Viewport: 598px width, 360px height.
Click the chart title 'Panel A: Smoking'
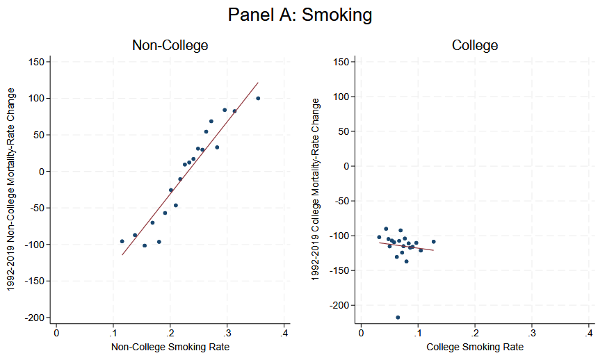[x=300, y=15]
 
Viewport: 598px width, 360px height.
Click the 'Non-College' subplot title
[x=170, y=46]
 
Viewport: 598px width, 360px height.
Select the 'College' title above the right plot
[x=474, y=46]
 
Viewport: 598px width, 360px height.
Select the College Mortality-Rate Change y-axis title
[x=316, y=188]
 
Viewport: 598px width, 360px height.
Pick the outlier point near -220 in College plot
[x=398, y=318]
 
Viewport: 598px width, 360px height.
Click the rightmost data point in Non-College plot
[x=258, y=99]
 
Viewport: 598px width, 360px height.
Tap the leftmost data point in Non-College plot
[x=122, y=241]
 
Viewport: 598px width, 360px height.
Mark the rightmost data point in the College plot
[x=433, y=242]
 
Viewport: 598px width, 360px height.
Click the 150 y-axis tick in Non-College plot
[x=36, y=62]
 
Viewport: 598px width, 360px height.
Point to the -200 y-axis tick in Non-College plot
[x=34, y=318]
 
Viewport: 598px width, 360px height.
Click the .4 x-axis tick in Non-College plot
[x=284, y=334]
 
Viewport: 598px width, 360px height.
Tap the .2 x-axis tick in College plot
[x=474, y=334]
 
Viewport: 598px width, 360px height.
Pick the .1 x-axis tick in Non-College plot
[x=113, y=334]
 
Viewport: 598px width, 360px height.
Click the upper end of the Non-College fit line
[x=258, y=83]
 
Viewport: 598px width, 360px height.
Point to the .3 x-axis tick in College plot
[x=531, y=334]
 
